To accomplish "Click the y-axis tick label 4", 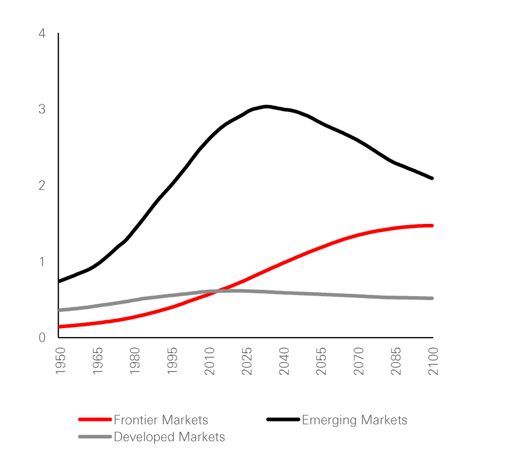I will [x=42, y=34].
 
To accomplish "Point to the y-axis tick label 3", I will [x=42, y=110].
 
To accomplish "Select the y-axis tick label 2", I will [x=42, y=185].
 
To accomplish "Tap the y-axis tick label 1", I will [x=42, y=262].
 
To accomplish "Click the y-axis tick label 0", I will [x=42, y=338].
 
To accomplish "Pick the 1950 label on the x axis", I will [x=59, y=361].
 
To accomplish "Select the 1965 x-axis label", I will [x=97, y=361].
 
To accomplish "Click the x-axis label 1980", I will [x=135, y=361].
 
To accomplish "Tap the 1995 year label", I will [x=172, y=361].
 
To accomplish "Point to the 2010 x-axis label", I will [x=210, y=361].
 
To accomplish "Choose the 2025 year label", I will [x=247, y=361].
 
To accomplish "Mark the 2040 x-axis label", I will [x=284, y=361].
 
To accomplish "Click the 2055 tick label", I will [x=322, y=361].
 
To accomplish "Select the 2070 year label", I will [x=359, y=361].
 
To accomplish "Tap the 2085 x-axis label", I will [x=397, y=361].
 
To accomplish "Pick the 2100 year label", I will [x=434, y=361].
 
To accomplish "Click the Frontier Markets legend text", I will [x=161, y=420].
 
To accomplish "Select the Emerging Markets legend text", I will [x=354, y=420].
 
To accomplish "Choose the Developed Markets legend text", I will [x=169, y=437].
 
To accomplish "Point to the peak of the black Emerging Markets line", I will [x=266, y=106].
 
